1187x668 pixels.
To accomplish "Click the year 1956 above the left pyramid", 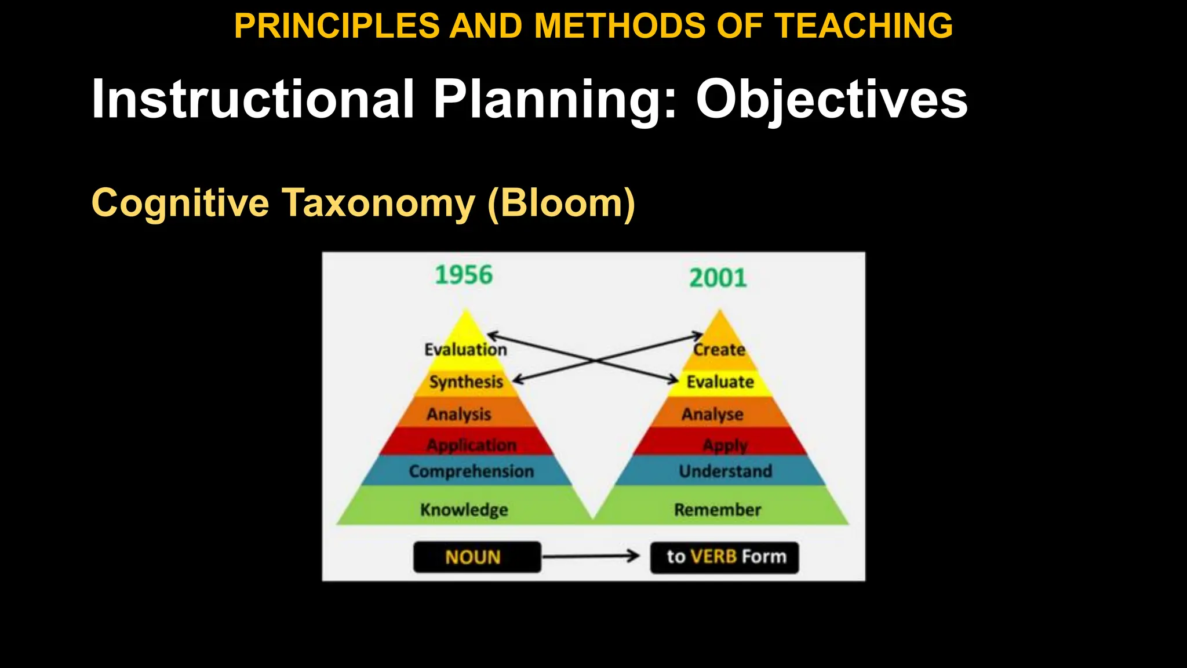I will [464, 275].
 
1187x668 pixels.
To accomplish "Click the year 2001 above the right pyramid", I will [718, 278].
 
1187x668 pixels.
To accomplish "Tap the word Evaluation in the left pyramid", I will [465, 350].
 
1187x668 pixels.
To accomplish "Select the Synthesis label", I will [466, 382].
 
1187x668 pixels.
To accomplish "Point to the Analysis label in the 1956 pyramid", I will [459, 414].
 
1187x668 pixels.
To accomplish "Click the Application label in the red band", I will [471, 445].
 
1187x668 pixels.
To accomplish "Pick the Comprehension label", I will [471, 471].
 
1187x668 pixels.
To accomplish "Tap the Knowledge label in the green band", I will [464, 510].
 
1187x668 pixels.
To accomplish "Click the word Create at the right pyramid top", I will [719, 350].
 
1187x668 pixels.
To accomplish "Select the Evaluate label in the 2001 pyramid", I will [720, 382].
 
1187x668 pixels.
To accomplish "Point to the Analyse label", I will [712, 414].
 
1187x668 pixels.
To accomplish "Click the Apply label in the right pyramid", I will [724, 445].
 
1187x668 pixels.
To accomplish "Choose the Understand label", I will [725, 471].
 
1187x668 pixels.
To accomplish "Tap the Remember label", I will [717, 510].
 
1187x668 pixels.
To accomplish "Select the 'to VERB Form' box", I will [724, 557].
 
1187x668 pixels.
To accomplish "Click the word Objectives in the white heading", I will [831, 99].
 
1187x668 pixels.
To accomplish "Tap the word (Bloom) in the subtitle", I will [561, 203].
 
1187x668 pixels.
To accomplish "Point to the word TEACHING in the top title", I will [864, 26].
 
